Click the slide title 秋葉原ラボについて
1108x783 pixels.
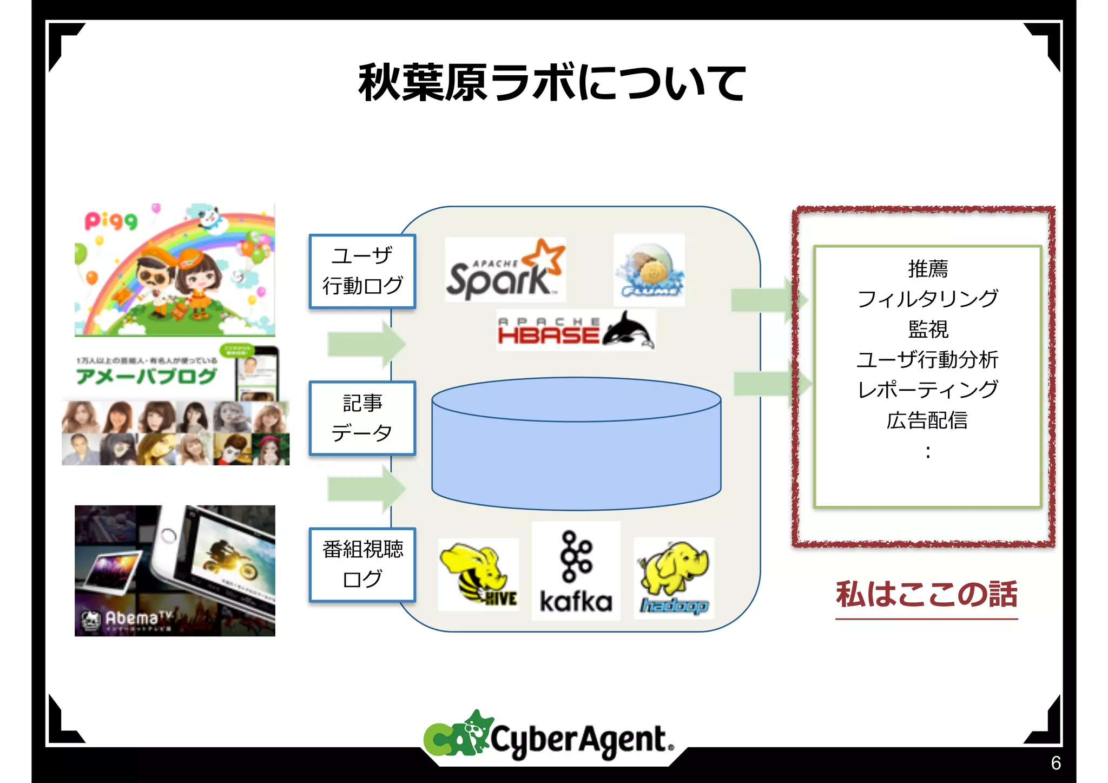pos(552,82)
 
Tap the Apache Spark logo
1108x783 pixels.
pos(505,269)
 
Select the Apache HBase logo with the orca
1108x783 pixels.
pos(575,330)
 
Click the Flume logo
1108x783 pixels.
pos(649,270)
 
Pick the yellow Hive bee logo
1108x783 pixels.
pos(478,575)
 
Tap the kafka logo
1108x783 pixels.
pos(576,571)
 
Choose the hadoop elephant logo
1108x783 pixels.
pos(674,578)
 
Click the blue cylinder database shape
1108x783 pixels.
pos(576,444)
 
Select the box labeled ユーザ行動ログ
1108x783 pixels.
pos(362,271)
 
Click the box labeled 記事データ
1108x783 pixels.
pos(362,418)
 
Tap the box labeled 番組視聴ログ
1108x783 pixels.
pos(362,564)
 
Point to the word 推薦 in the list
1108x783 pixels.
pos(927,268)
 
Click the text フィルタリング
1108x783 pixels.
pos(927,299)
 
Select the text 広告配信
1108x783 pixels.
pos(927,420)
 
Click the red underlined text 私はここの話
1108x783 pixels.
pos(926,594)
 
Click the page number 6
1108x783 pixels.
pos(1056,763)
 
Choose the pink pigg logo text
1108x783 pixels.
pos(111,220)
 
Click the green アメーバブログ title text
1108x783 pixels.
pos(146,376)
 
